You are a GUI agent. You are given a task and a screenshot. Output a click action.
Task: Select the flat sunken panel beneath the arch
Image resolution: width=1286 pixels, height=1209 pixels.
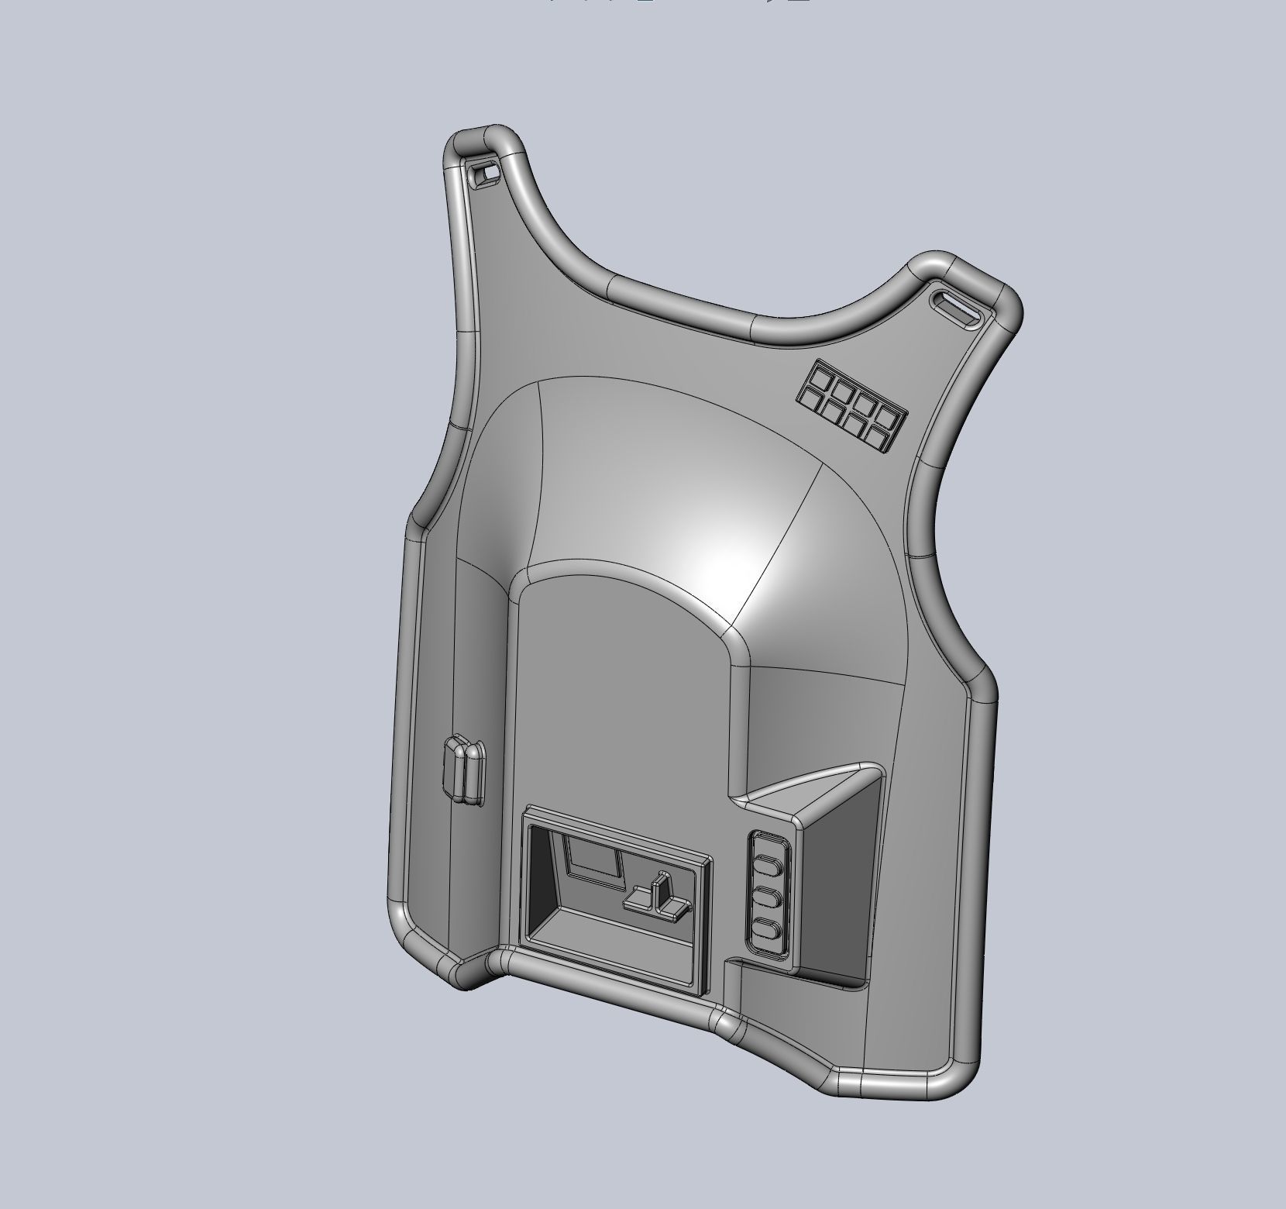[x=620, y=697]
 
